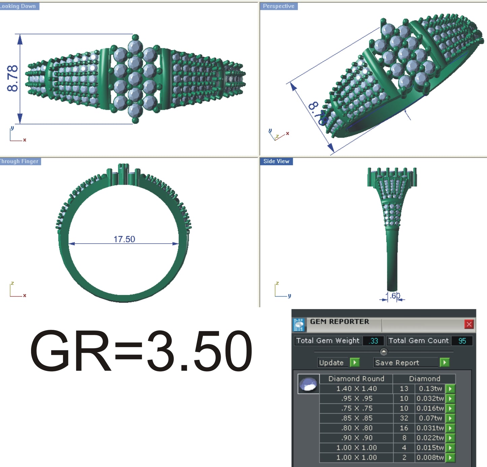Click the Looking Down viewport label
coord(19,6)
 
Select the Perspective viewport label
coord(278,6)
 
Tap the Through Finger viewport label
coord(20,161)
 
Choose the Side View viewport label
coord(276,161)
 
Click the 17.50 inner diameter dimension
coord(124,239)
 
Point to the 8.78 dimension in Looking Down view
coord(12,79)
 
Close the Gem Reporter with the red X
coord(469,324)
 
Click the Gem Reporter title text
coord(339,321)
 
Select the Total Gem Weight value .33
coord(373,341)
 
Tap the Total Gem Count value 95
coord(462,341)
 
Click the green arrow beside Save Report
coord(445,363)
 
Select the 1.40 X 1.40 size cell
coord(356,388)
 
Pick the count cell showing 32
coord(404,418)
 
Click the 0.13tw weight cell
coord(430,388)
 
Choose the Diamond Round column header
coord(356,379)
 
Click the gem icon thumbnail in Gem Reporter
coord(308,384)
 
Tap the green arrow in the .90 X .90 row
coord(450,438)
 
